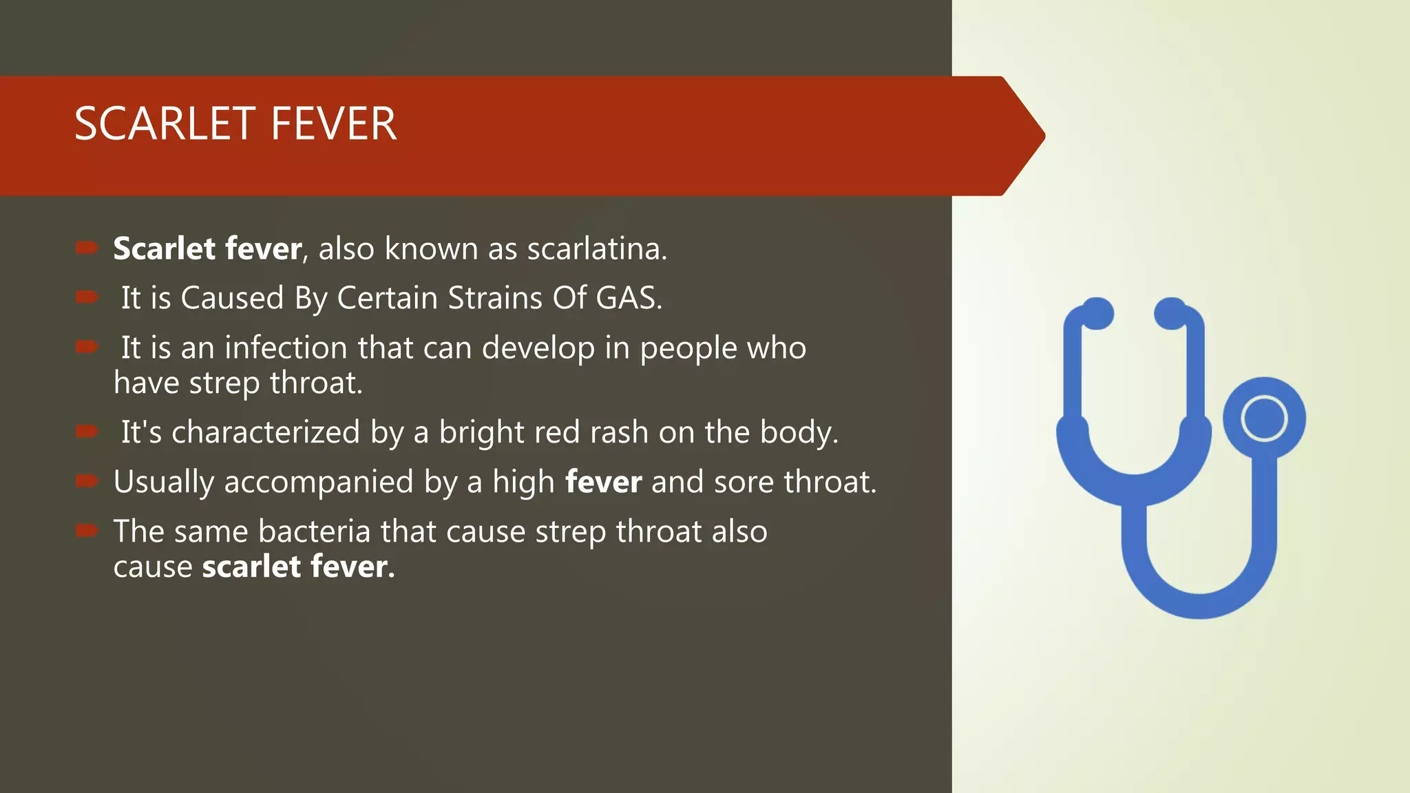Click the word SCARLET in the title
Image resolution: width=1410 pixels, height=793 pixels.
(x=165, y=125)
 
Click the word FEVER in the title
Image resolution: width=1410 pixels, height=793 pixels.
(x=333, y=125)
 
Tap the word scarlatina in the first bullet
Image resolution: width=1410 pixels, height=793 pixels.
(x=596, y=249)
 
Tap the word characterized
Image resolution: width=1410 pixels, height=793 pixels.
(x=265, y=433)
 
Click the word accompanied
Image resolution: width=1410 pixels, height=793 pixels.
(x=318, y=483)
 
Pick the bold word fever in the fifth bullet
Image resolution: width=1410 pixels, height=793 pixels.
(x=603, y=482)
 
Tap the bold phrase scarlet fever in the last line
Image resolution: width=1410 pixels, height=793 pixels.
(x=298, y=567)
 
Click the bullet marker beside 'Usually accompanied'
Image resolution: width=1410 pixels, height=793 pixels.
(x=87, y=480)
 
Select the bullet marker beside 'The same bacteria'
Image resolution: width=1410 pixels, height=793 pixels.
(x=87, y=529)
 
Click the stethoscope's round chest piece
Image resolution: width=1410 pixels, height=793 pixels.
(x=1264, y=419)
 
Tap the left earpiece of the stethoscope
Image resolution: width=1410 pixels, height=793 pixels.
(x=1097, y=313)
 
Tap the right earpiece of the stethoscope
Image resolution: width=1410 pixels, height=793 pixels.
(x=1170, y=313)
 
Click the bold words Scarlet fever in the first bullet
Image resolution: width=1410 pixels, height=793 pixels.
(x=207, y=249)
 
